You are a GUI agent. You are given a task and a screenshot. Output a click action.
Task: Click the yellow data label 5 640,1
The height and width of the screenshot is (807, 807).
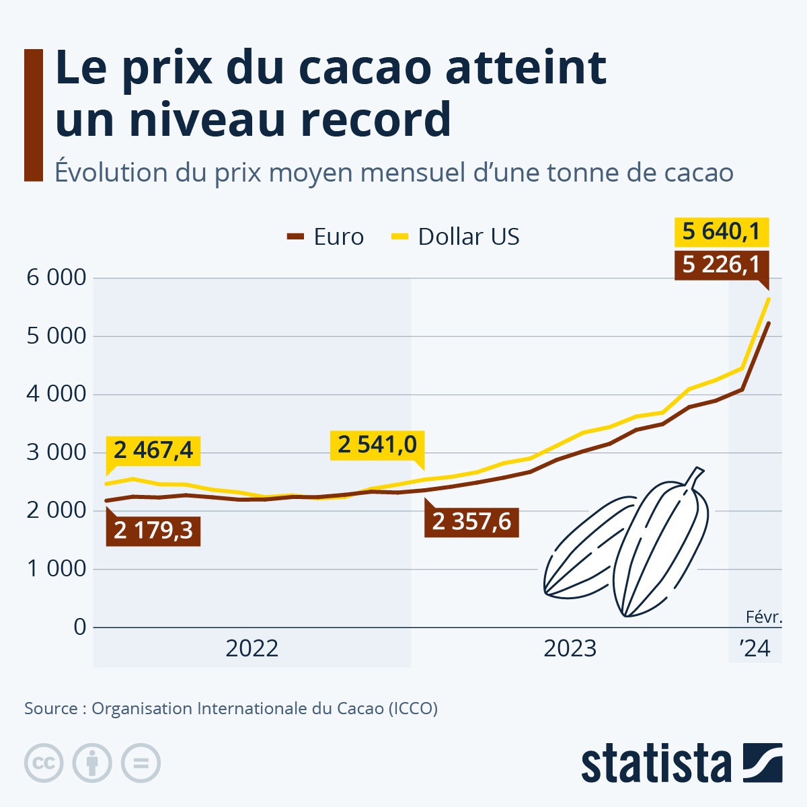click(721, 232)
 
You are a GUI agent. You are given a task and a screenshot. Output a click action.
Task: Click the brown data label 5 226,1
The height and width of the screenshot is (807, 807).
click(721, 264)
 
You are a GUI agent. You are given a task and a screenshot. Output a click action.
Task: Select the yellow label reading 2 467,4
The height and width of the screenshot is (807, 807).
click(153, 450)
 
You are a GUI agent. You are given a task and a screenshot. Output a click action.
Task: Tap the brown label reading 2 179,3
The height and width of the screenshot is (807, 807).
click(153, 531)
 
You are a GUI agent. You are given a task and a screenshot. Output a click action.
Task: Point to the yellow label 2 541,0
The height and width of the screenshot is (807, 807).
click(377, 445)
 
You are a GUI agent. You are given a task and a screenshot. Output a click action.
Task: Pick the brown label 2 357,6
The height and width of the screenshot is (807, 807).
click(471, 521)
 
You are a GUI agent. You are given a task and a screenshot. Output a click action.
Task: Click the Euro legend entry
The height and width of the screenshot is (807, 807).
click(326, 237)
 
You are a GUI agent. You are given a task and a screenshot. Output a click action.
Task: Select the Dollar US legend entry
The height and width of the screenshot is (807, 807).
click(456, 237)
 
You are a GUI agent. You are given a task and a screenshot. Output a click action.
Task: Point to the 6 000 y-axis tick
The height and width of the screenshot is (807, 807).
click(56, 277)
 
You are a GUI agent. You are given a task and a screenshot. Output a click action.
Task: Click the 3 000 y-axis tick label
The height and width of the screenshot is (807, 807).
click(56, 452)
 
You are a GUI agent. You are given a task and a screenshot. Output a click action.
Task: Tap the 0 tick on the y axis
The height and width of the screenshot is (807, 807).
click(80, 627)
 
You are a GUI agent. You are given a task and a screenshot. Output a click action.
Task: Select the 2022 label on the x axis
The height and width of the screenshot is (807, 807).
click(252, 648)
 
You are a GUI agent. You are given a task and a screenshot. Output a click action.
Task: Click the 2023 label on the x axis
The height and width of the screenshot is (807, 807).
click(570, 648)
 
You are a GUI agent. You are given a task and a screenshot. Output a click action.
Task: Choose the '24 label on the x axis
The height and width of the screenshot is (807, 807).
click(755, 648)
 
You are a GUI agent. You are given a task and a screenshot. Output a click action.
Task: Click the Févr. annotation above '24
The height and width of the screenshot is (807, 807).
click(763, 617)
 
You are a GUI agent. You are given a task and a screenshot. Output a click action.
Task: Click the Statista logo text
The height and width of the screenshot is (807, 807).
click(656, 765)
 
